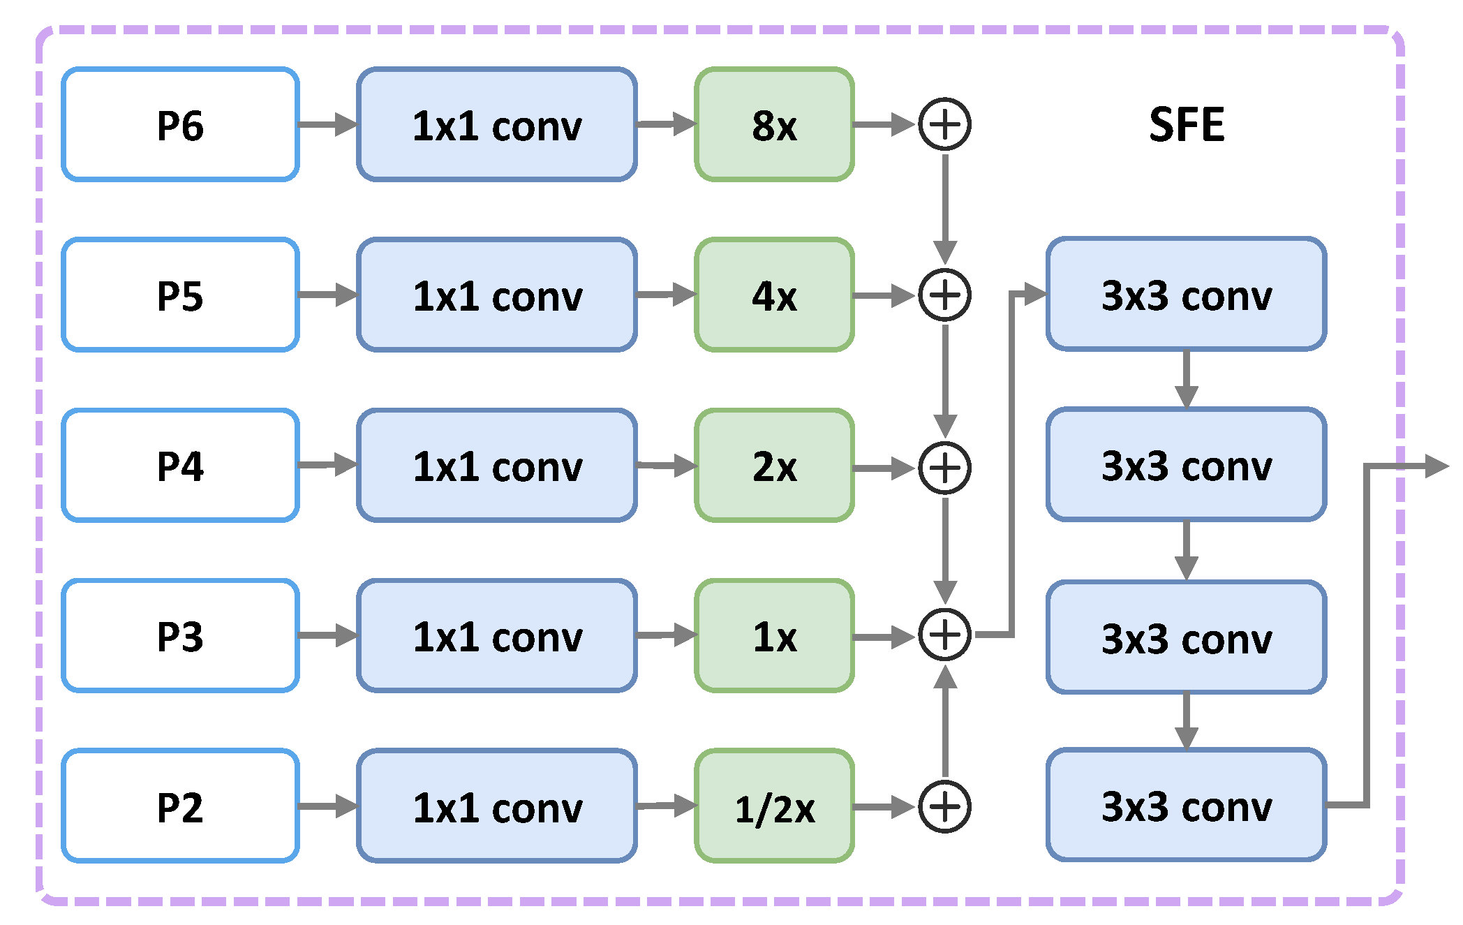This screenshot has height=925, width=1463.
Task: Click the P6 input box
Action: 180,125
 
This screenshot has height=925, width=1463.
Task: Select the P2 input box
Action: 180,806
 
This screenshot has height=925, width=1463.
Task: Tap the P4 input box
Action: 180,466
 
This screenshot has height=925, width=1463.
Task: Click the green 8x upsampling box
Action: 774,125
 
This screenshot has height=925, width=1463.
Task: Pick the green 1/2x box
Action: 774,807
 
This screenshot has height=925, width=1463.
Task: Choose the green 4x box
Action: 774,295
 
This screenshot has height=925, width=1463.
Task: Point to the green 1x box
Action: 774,636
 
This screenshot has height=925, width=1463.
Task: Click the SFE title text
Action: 1187,125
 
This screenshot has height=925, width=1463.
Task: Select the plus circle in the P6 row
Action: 944,125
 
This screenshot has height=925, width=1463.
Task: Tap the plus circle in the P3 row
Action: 944,635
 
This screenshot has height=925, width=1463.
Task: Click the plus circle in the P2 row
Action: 944,807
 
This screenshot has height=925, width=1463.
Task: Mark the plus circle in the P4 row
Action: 944,468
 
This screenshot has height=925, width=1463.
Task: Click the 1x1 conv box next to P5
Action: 497,295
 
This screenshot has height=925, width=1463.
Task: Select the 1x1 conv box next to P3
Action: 497,636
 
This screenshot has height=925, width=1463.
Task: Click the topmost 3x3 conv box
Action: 1186,294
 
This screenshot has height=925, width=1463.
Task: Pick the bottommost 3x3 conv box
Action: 1186,805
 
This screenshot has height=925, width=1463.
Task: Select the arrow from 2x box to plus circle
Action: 883,468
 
